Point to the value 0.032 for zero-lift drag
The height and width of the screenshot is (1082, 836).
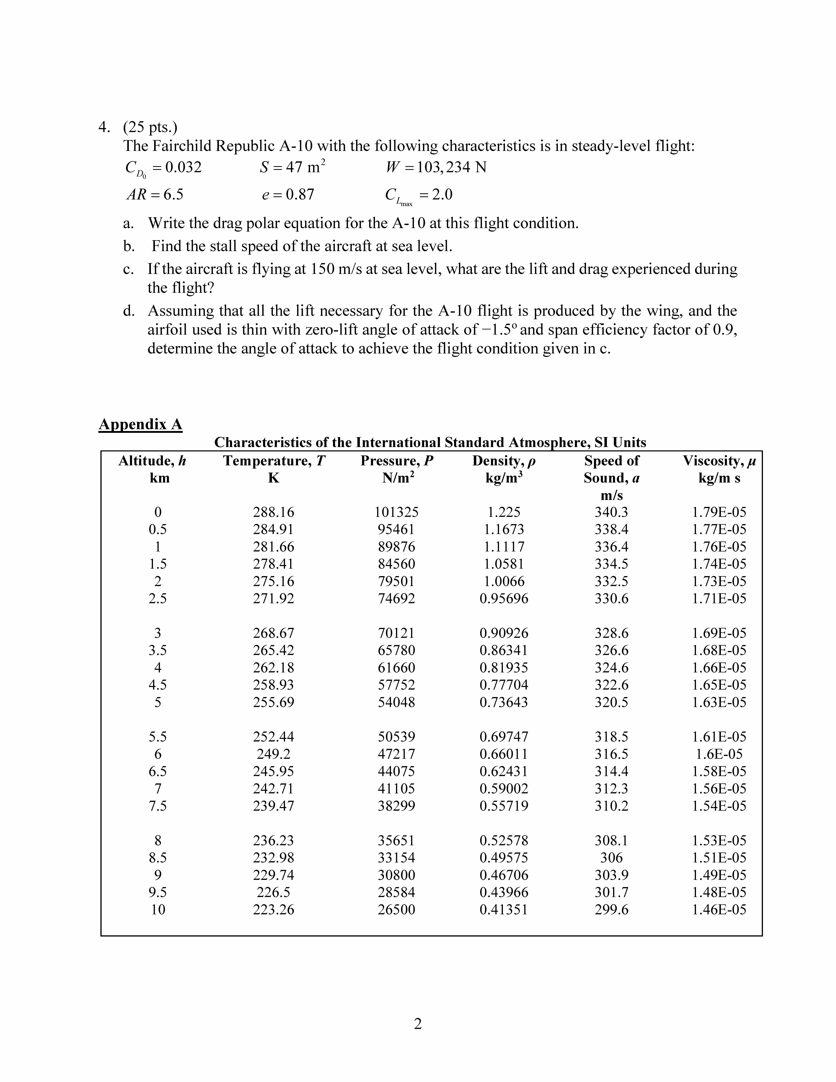pyautogui.click(x=183, y=167)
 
